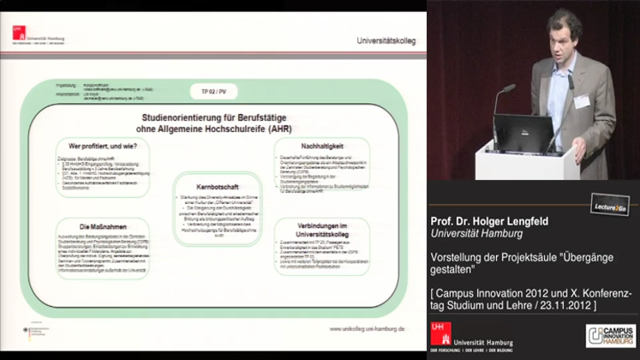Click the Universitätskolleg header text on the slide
pyautogui.click(x=387, y=40)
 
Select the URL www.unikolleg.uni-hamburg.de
pyautogui.click(x=364, y=328)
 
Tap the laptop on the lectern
pyautogui.click(x=522, y=135)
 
